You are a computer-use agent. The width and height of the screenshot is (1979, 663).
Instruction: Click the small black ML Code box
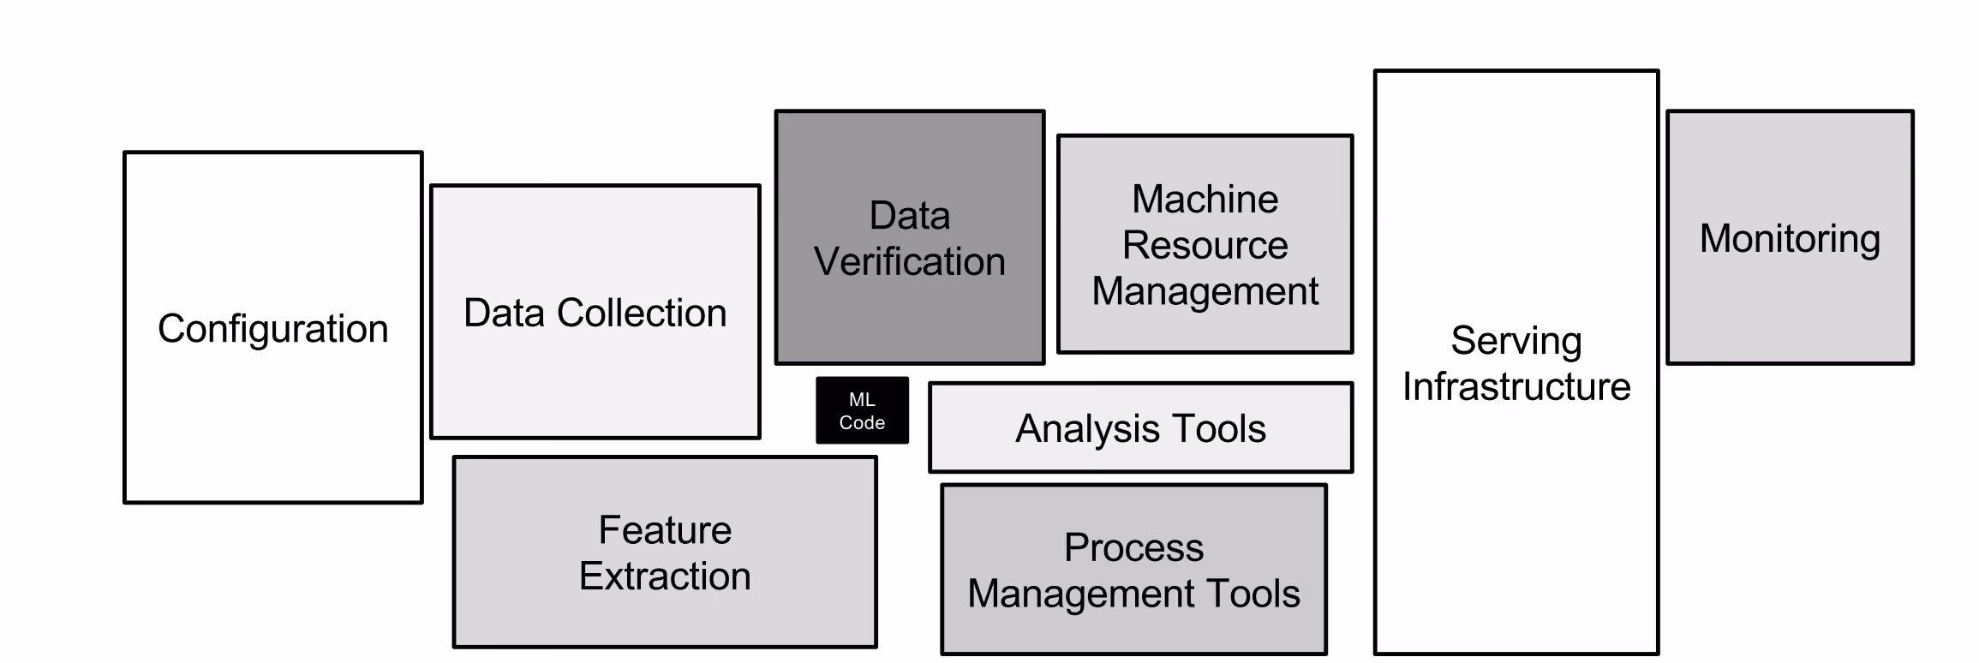point(862,410)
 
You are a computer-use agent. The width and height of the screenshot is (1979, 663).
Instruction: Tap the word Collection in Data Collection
point(642,313)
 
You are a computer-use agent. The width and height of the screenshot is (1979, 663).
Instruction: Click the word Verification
point(910,261)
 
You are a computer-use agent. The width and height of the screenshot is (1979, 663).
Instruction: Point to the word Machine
point(1205,200)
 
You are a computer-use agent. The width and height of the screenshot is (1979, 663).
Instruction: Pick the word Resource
point(1205,246)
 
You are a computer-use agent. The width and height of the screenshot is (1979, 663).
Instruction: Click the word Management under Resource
point(1205,292)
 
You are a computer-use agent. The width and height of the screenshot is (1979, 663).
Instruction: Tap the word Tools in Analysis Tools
point(1218,428)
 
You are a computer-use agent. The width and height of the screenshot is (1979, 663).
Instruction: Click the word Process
point(1134,548)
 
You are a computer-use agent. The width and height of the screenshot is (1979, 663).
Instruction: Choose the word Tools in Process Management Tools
point(1253,594)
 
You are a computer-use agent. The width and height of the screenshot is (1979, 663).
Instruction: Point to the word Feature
point(665,530)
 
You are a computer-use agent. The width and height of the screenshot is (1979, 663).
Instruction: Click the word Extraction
point(665,576)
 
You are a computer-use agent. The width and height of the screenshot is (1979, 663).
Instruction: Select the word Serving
point(1516,342)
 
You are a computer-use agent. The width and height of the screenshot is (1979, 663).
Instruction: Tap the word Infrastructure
point(1516,387)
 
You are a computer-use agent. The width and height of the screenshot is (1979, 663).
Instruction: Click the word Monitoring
point(1791,239)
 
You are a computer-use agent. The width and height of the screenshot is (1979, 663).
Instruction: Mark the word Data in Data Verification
point(910,216)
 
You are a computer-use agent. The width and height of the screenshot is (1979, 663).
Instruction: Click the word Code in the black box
point(862,422)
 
